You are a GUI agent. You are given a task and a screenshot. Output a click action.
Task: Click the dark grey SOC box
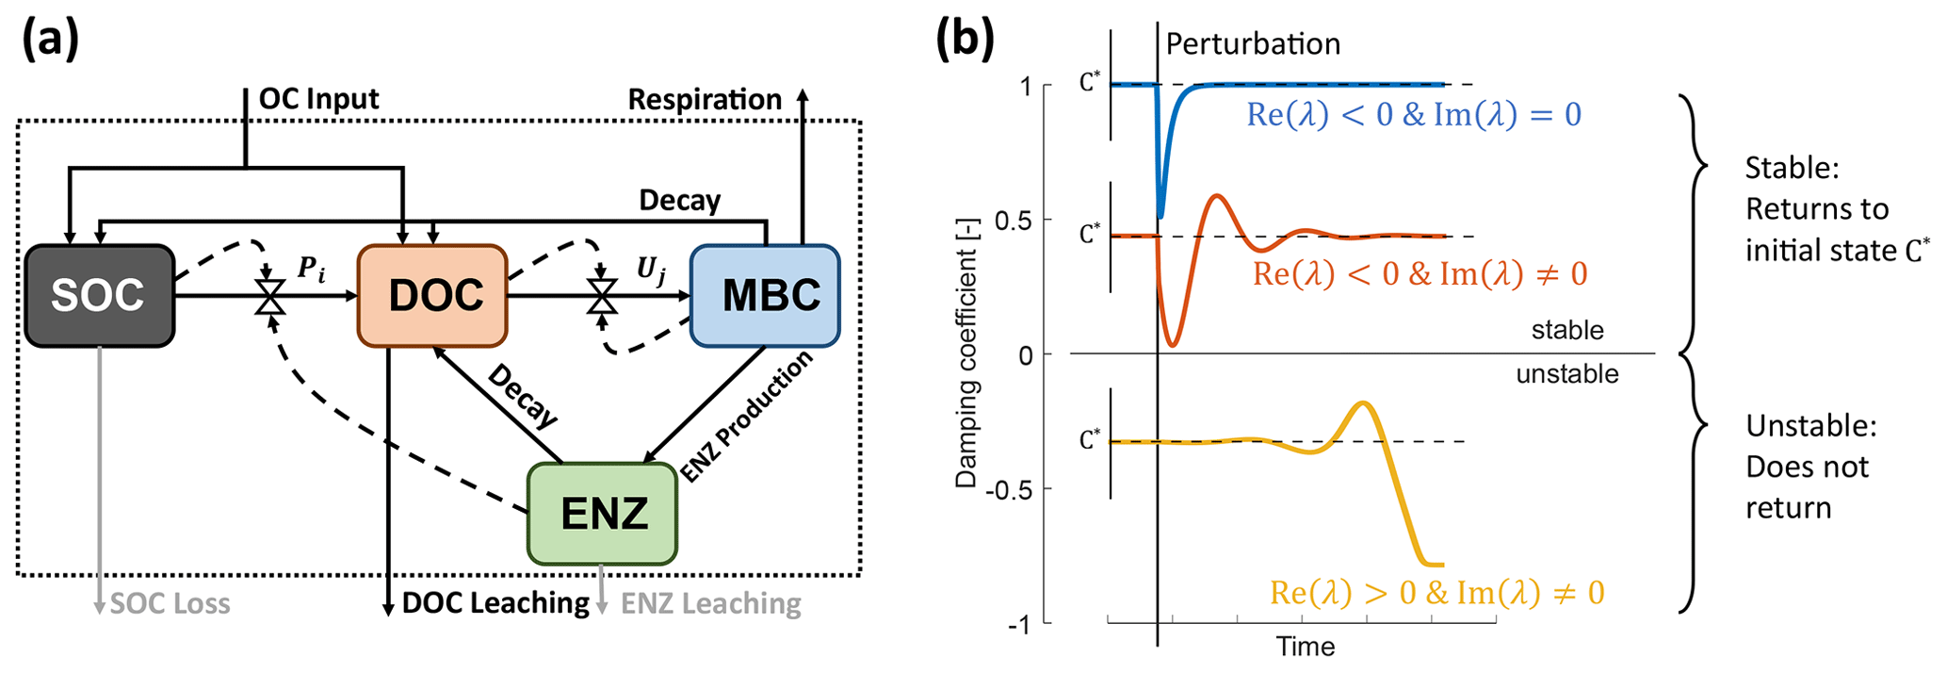coord(99,296)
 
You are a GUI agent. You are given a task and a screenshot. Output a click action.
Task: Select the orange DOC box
coord(433,296)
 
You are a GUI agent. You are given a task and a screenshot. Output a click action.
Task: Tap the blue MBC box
coord(765,296)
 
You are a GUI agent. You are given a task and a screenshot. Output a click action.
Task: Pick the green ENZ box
coord(603,514)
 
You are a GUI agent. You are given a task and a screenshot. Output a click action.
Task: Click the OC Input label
coord(318,99)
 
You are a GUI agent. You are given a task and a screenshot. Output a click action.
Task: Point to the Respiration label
coord(705,99)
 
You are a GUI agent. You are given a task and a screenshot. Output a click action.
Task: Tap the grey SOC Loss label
coord(170,603)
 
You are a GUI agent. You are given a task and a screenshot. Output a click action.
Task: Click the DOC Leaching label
coord(495,603)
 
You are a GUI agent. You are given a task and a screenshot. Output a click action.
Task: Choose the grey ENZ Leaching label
coord(711,603)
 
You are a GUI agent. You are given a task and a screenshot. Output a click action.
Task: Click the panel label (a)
coord(50,40)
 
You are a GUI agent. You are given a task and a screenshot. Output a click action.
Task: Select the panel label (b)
coord(964,40)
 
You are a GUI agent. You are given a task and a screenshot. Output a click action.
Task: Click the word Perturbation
coord(1253,44)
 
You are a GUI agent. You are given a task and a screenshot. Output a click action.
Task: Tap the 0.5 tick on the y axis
coord(1014,221)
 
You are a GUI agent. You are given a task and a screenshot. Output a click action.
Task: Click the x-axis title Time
coord(1306,647)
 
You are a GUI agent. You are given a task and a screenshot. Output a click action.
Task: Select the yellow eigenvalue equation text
coord(1436,592)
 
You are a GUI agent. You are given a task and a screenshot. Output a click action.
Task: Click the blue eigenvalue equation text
coord(1414,115)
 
